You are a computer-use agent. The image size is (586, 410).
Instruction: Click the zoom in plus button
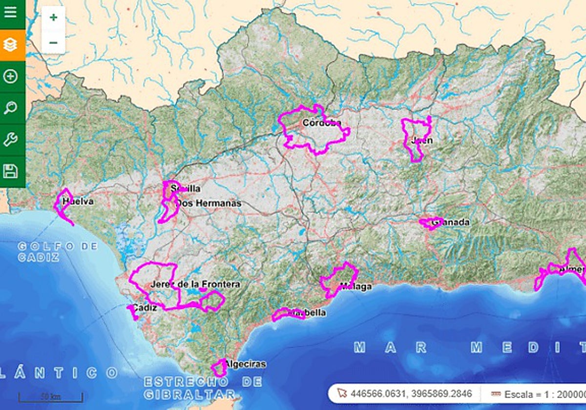coord(53,18)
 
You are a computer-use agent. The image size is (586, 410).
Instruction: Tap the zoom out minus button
coord(53,42)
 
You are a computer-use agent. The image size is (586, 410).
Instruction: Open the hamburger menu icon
coord(10,12)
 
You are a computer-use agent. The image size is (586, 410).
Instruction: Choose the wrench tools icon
coord(10,140)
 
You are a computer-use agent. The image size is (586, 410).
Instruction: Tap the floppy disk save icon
coord(10,171)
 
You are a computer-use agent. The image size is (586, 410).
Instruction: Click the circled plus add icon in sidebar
coord(10,77)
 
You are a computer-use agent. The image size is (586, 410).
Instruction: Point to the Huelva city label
coord(78,201)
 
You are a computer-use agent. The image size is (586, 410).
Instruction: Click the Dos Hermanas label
coord(209,203)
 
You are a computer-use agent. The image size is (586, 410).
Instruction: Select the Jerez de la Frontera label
coord(195,284)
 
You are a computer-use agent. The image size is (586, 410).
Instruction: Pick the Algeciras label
coord(245,364)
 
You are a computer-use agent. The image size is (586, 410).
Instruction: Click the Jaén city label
coord(421,141)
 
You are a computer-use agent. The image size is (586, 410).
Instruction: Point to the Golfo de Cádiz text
coord(58,251)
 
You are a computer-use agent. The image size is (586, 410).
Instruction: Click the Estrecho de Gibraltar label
coord(203,388)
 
